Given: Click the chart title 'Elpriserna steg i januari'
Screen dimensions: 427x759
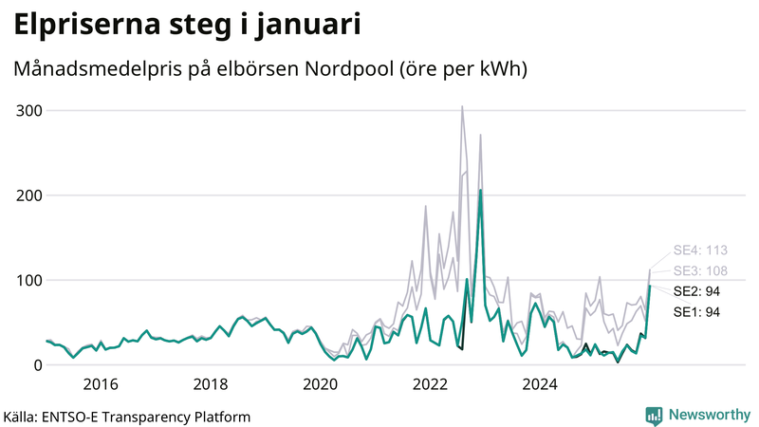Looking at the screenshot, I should tap(187, 25).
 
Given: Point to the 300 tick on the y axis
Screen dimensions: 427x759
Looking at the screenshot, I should tap(28, 110).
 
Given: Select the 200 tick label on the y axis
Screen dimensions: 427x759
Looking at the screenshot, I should tap(28, 195).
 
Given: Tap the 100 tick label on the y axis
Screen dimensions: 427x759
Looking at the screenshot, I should tap(28, 280).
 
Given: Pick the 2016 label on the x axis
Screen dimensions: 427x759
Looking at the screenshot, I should tap(100, 384).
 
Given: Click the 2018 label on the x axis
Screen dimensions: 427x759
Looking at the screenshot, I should tap(210, 384).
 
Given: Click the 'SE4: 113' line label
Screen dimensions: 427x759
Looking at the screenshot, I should tap(700, 251).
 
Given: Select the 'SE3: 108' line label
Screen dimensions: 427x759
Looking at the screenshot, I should tap(700, 270).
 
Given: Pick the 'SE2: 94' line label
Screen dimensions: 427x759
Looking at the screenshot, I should tap(697, 290).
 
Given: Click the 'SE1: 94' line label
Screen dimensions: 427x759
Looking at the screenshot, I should tap(697, 311).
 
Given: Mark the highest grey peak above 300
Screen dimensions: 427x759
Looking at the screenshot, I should tap(462, 107).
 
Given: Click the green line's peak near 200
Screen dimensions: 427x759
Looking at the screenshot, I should tap(481, 191).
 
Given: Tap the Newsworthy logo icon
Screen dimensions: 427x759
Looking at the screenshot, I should tap(654, 415).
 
